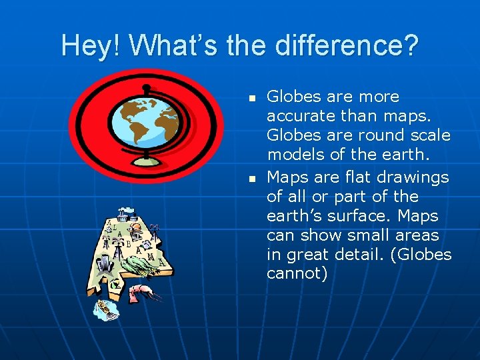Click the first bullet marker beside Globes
click(252, 98)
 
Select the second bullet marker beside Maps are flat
click(252, 179)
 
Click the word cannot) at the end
click(297, 273)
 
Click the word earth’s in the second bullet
click(295, 217)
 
